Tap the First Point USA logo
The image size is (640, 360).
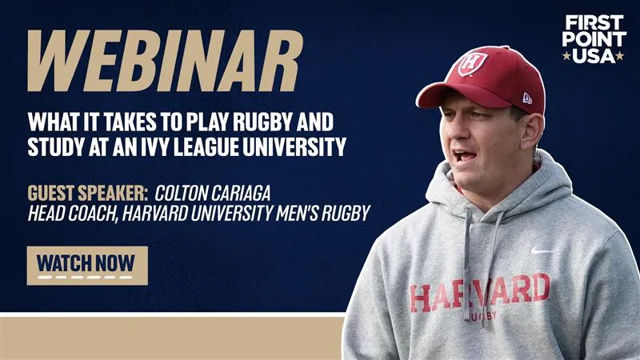click(594, 38)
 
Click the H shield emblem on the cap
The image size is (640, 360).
click(473, 63)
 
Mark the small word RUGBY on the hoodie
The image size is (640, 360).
click(484, 315)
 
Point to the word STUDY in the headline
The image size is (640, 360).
click(57, 146)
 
